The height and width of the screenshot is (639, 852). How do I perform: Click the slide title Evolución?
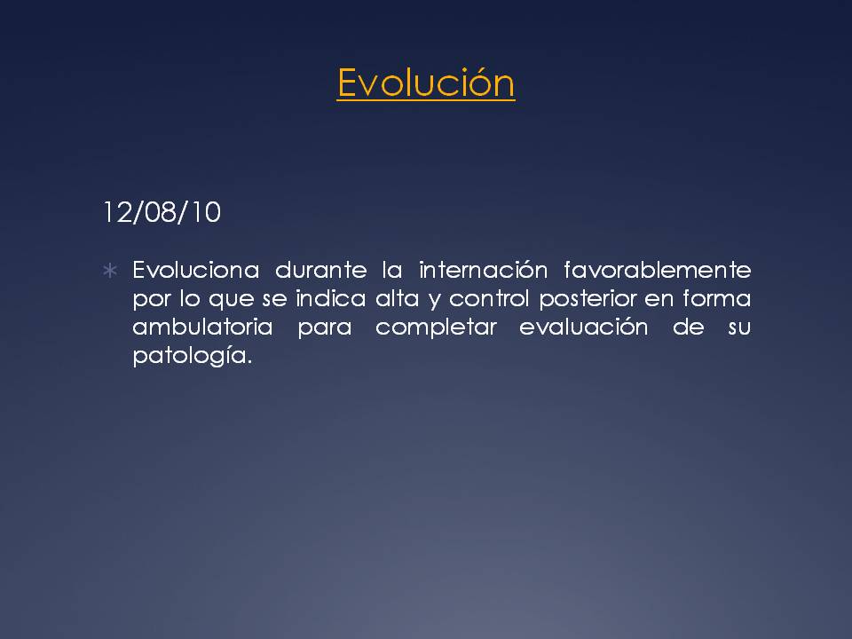(x=425, y=83)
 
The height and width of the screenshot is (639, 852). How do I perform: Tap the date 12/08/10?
(x=162, y=212)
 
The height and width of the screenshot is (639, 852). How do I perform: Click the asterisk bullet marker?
(x=110, y=270)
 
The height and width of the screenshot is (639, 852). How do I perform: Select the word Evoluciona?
(x=195, y=270)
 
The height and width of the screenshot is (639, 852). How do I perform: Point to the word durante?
(x=321, y=270)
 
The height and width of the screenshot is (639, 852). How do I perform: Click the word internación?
(x=483, y=270)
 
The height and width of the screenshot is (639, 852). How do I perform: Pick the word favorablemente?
(x=658, y=270)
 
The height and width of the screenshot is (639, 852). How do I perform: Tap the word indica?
(x=330, y=298)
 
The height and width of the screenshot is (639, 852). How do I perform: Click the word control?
(x=489, y=298)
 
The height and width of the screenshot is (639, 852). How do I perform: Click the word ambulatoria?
(x=202, y=327)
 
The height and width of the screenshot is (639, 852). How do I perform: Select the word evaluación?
(x=584, y=327)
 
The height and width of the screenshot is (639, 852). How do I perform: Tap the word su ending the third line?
(x=739, y=327)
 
